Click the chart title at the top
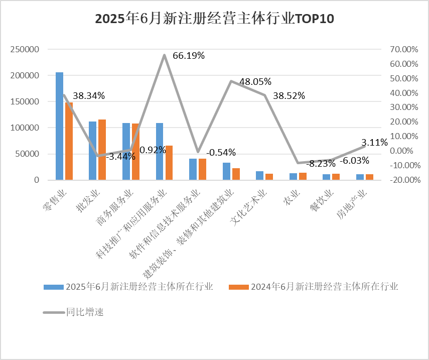point(214,19)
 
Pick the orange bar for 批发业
point(102,149)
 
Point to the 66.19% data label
point(189,56)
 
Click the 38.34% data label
point(89,95)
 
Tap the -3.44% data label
point(120,156)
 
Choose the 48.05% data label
point(255,81)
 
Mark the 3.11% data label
point(375,142)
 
